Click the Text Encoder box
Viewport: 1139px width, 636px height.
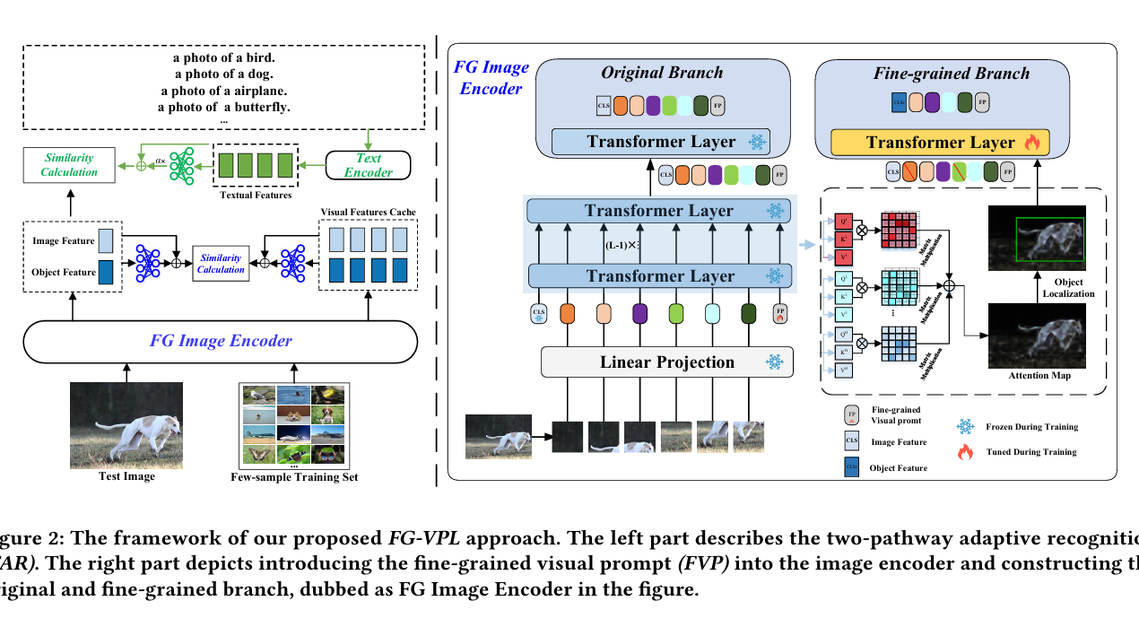(369, 165)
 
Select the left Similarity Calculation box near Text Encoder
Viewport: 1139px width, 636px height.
(70, 165)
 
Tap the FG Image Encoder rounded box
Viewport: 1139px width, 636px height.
(221, 341)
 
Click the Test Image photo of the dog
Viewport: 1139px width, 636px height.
(126, 425)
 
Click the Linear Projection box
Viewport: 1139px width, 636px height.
(666, 363)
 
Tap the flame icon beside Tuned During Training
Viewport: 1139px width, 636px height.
(965, 452)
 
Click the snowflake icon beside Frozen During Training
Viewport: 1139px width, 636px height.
(965, 426)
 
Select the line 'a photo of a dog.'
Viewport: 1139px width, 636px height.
(223, 74)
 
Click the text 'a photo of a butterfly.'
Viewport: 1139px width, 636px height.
(223, 107)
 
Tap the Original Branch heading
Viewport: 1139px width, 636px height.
(662, 73)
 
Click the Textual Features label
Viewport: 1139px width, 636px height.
(256, 195)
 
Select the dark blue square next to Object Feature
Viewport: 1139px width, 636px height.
(106, 272)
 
